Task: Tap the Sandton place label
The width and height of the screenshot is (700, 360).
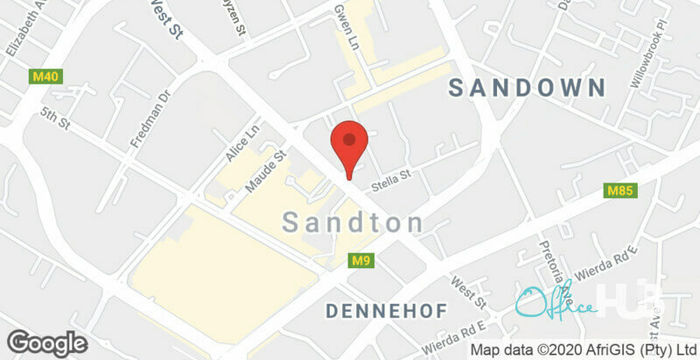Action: [353, 223]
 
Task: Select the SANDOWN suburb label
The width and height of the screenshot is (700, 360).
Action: [527, 88]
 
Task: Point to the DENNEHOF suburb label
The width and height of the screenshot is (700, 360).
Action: [386, 312]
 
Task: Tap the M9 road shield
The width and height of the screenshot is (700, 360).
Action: [362, 261]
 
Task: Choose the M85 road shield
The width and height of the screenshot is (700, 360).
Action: [619, 190]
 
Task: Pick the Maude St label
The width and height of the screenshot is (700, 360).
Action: [265, 170]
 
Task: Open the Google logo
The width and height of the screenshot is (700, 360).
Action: [44, 343]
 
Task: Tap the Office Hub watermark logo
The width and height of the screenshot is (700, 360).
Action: [556, 301]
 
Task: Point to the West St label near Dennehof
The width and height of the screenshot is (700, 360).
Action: [467, 292]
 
